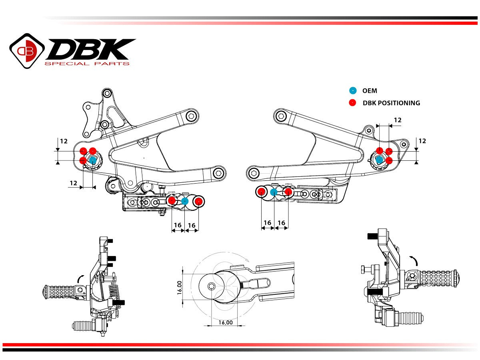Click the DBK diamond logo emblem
tap(27, 50)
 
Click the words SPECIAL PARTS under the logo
tap(87, 64)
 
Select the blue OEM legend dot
tap(352, 91)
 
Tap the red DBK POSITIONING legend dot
tap(352, 103)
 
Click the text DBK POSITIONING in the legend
tap(391, 103)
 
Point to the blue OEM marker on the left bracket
tap(92, 160)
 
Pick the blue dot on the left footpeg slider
tap(185, 201)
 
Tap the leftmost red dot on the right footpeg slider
tap(261, 192)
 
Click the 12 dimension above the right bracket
tap(397, 120)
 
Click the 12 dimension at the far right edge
tap(422, 141)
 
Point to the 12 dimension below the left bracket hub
tap(73, 183)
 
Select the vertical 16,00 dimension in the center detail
tap(180, 287)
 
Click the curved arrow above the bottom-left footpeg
tap(80, 277)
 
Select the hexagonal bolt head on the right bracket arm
tap(254, 174)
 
